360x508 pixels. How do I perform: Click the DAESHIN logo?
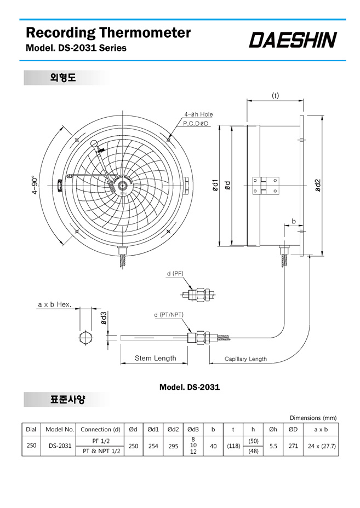[x=293, y=39]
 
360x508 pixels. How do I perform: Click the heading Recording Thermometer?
[x=108, y=32]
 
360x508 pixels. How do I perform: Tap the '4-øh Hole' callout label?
[x=199, y=114]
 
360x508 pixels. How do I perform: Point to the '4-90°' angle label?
[x=36, y=186]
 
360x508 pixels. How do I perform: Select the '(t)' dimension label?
[x=275, y=95]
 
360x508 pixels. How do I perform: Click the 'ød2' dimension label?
[x=317, y=186]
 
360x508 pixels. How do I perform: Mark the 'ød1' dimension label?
[x=215, y=186]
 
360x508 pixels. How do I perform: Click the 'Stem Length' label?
[x=156, y=358]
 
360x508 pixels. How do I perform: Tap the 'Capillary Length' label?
[x=245, y=359]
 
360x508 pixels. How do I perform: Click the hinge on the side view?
[x=266, y=186]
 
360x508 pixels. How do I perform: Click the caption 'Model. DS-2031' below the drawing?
[x=189, y=387]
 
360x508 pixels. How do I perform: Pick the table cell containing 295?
[x=173, y=446]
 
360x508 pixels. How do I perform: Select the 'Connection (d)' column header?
[x=100, y=430]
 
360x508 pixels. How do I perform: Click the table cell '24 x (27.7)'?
[x=321, y=446]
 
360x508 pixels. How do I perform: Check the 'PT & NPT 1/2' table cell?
[x=100, y=451]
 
